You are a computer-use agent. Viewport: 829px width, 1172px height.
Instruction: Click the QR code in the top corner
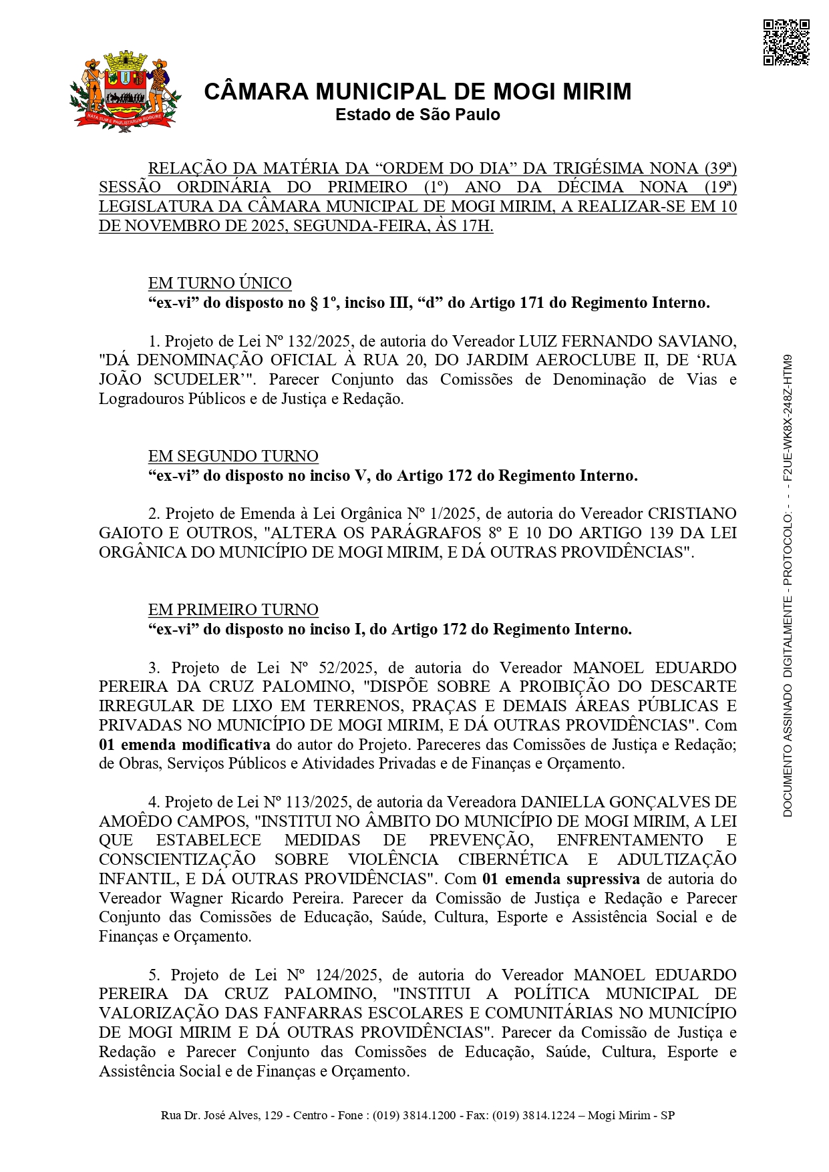pyautogui.click(x=786, y=43)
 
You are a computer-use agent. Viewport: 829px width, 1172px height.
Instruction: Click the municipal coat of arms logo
pyautogui.click(x=125, y=91)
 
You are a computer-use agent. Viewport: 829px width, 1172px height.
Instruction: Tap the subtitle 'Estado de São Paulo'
pyautogui.click(x=418, y=115)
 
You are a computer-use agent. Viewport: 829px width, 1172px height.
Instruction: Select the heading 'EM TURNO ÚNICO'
pyautogui.click(x=220, y=283)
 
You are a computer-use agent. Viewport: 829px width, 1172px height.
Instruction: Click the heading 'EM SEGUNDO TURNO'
pyautogui.click(x=233, y=456)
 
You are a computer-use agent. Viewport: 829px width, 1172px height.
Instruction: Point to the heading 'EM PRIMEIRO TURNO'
pyautogui.click(x=233, y=610)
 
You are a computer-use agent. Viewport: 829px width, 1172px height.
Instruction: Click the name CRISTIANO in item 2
pyautogui.click(x=692, y=514)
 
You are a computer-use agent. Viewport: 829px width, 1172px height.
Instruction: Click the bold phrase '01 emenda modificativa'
pyautogui.click(x=184, y=745)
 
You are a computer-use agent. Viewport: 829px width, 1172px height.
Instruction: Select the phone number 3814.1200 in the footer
pyautogui.click(x=428, y=1116)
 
